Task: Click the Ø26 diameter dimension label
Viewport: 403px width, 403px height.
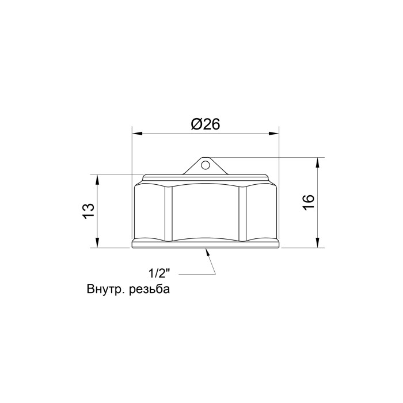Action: pos(206,124)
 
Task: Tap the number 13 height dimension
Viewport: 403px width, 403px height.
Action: pos(89,211)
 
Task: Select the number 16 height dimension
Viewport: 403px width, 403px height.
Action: pos(309,202)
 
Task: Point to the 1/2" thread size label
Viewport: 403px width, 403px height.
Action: pos(159,273)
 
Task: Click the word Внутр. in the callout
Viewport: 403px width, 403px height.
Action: pos(105,289)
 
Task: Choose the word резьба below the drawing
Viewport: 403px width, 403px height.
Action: pos(149,289)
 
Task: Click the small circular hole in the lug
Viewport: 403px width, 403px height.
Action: pos(205,165)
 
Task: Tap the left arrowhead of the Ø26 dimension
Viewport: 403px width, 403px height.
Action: pos(137,134)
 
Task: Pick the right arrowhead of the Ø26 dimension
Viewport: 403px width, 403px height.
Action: pos(273,134)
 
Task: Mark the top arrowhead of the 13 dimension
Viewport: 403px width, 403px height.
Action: pos(97,180)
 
